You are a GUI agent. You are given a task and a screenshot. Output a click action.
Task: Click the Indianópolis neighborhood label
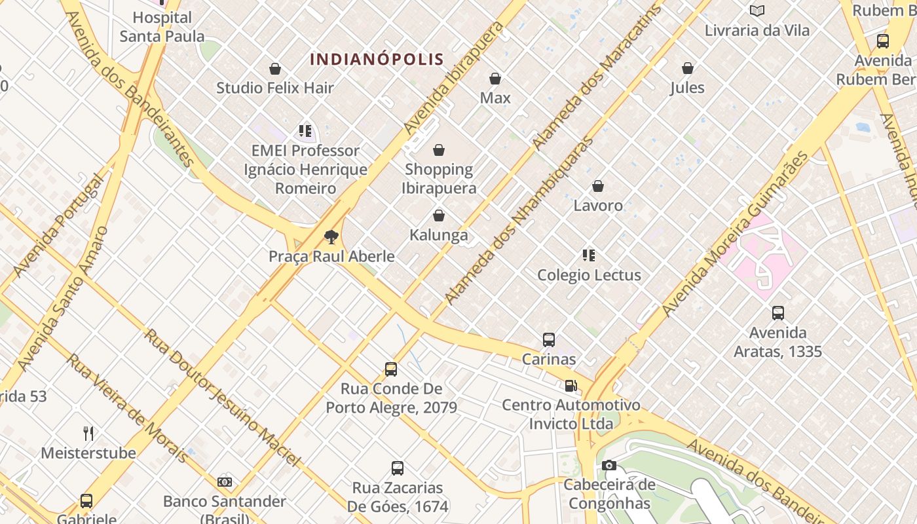(x=377, y=59)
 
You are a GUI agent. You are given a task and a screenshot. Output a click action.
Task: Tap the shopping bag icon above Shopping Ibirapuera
(x=439, y=150)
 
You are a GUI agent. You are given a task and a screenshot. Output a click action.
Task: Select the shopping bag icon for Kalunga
(x=439, y=215)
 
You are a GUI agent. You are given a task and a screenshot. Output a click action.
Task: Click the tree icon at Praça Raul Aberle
(x=331, y=236)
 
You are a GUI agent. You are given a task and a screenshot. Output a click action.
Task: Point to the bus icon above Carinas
(x=549, y=340)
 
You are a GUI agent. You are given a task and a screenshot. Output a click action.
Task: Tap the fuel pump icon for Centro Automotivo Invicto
(x=571, y=386)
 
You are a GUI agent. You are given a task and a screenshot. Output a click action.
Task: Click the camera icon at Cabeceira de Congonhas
(x=609, y=466)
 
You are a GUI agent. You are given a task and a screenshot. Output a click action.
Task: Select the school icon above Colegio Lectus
(x=589, y=255)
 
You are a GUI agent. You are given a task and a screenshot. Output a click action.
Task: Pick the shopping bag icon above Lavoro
(x=598, y=186)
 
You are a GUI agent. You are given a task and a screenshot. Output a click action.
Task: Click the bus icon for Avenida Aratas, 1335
(x=778, y=313)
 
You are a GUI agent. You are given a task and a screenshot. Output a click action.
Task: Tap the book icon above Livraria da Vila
(x=757, y=10)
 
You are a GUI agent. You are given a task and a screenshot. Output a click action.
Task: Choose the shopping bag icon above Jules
(x=688, y=68)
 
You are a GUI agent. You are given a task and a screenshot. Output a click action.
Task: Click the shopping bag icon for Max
(x=495, y=79)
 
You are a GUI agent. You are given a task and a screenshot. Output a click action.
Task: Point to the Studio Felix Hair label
(x=275, y=88)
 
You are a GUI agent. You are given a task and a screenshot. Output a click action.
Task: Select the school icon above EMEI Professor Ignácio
(x=305, y=131)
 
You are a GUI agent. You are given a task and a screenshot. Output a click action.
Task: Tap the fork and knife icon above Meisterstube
(x=88, y=433)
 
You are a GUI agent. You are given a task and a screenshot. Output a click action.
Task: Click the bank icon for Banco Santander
(x=225, y=482)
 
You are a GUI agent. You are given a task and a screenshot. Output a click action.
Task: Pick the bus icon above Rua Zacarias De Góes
(x=398, y=468)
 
